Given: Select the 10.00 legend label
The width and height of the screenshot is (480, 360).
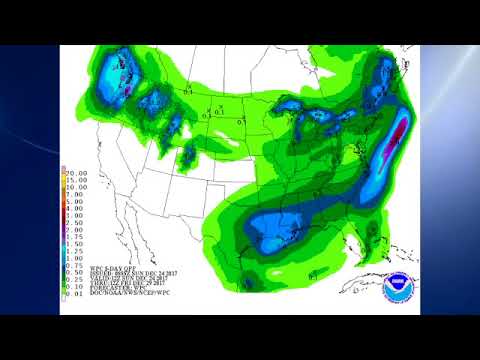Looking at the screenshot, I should (75, 187).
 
